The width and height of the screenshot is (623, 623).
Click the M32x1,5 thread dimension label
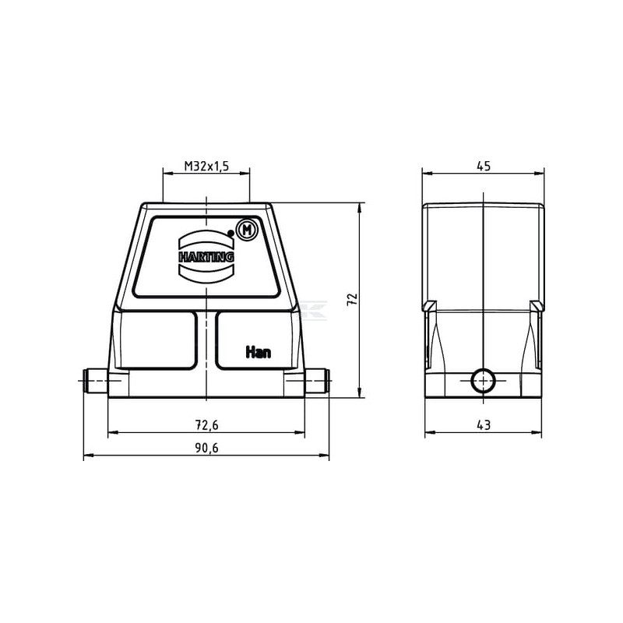[x=206, y=166]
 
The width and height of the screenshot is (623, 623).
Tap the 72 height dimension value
[x=353, y=300]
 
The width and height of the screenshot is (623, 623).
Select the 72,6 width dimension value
[x=206, y=425]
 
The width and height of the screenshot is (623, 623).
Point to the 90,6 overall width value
[x=206, y=449]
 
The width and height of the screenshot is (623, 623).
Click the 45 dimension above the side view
[x=484, y=166]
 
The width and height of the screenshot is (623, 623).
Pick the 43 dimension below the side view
[x=484, y=425]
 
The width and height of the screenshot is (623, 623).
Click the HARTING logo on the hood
[x=206, y=257]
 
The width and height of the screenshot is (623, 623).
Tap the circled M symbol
[x=247, y=230]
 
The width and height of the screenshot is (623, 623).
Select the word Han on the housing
[x=259, y=352]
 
